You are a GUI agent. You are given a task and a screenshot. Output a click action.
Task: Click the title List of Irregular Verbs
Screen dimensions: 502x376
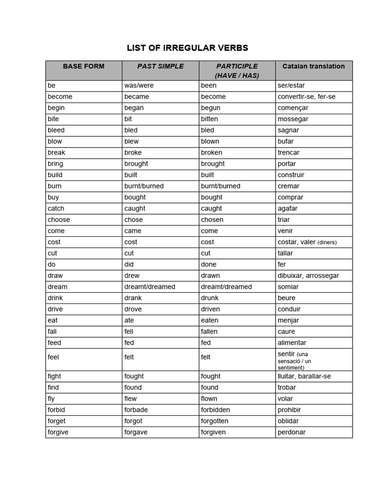coord(188,48)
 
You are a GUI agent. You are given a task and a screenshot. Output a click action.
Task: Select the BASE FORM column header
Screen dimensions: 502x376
coord(84,66)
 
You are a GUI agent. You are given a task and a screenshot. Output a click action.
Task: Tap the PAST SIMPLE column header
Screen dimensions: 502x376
coord(160,66)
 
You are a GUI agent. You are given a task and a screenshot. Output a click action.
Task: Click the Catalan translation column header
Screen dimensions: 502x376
coord(313,66)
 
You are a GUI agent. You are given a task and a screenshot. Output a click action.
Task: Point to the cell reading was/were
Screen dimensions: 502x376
coord(139,85)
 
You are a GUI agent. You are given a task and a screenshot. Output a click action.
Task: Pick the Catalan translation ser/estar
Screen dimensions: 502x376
coord(291,85)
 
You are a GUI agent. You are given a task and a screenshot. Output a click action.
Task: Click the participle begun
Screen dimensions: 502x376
coord(211,108)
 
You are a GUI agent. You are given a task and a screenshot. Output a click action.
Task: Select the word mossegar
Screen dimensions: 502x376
coord(293,119)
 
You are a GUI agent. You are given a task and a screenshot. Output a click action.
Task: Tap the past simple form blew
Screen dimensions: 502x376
coord(132,141)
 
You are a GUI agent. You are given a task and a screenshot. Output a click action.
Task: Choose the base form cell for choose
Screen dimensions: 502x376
coord(59,220)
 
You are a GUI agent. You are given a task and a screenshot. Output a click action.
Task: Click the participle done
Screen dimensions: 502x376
coord(209,264)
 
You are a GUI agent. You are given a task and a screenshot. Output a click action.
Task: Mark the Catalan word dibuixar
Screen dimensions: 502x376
coord(292,276)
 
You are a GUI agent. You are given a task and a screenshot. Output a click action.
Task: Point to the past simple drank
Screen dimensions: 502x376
coord(133,298)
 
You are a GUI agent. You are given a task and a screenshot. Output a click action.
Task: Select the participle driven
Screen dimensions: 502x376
coord(211,309)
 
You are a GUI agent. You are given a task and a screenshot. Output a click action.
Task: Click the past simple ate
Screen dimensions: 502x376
coord(129,320)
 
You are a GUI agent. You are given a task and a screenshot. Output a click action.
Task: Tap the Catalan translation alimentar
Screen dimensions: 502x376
coord(292,343)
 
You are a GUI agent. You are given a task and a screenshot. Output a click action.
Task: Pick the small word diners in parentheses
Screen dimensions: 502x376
coord(327,242)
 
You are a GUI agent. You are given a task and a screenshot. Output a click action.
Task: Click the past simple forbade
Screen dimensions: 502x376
coord(136,410)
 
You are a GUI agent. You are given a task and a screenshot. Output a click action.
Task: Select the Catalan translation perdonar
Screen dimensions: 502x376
coord(292,432)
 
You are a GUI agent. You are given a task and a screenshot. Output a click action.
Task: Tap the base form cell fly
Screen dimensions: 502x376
coord(51,399)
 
